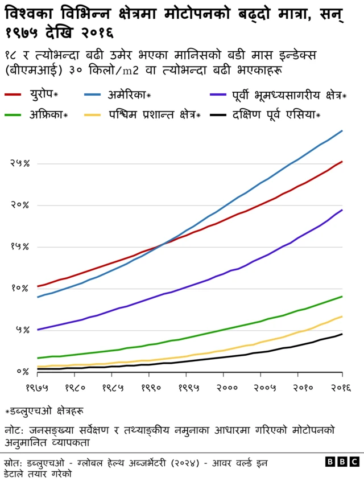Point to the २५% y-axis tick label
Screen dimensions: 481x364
pos(19,163)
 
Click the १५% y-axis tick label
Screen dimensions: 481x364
pos(19,246)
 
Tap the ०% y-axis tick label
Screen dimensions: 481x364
pos(22,372)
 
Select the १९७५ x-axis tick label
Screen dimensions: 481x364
pos(38,388)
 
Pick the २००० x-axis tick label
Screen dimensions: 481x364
pos(224,388)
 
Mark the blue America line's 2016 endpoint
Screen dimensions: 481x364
pos(342,131)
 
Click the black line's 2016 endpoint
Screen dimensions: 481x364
pos(342,334)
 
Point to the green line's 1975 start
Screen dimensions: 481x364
pos(38,358)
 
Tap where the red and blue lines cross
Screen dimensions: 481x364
pos(164,244)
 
